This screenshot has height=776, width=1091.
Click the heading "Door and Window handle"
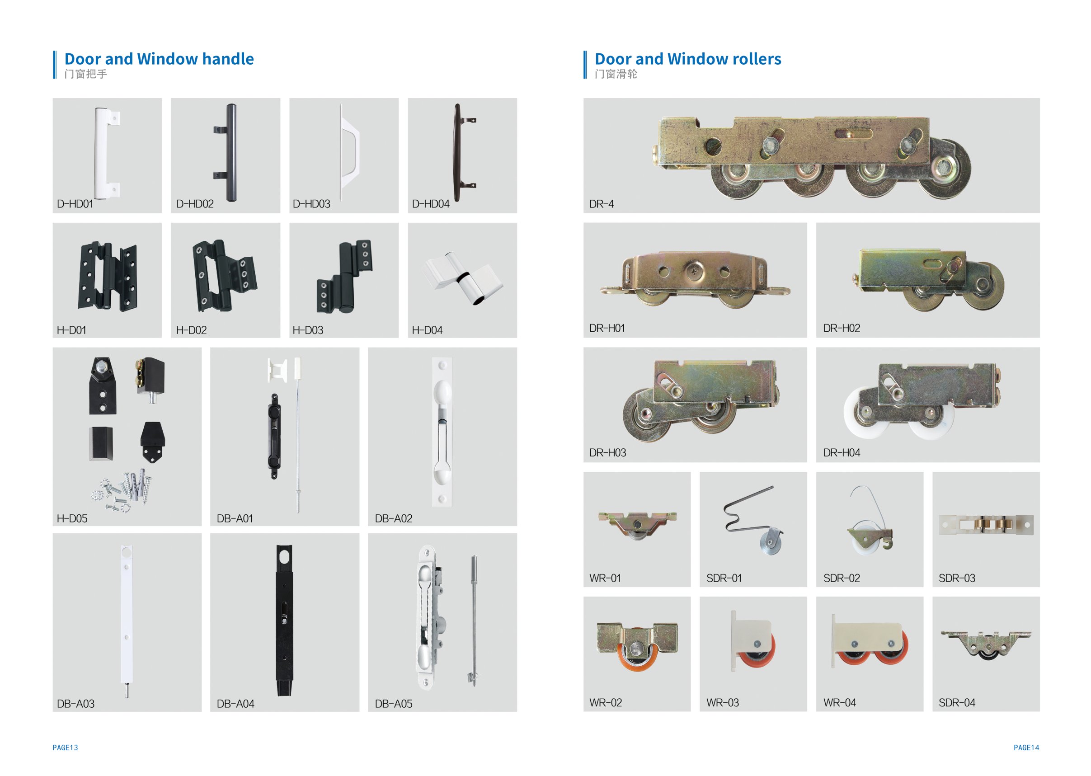click(159, 59)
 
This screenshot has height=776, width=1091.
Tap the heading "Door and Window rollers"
click(688, 59)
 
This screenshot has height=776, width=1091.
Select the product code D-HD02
click(194, 204)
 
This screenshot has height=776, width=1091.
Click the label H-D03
click(308, 330)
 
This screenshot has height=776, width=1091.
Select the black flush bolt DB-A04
click(284, 620)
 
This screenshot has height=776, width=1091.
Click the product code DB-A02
click(393, 518)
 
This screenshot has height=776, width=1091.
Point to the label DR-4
click(601, 204)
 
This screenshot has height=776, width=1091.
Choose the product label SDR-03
click(957, 578)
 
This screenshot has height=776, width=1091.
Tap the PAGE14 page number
click(1026, 748)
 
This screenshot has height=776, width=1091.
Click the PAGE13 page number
click(65, 748)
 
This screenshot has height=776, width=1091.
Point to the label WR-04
click(839, 703)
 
